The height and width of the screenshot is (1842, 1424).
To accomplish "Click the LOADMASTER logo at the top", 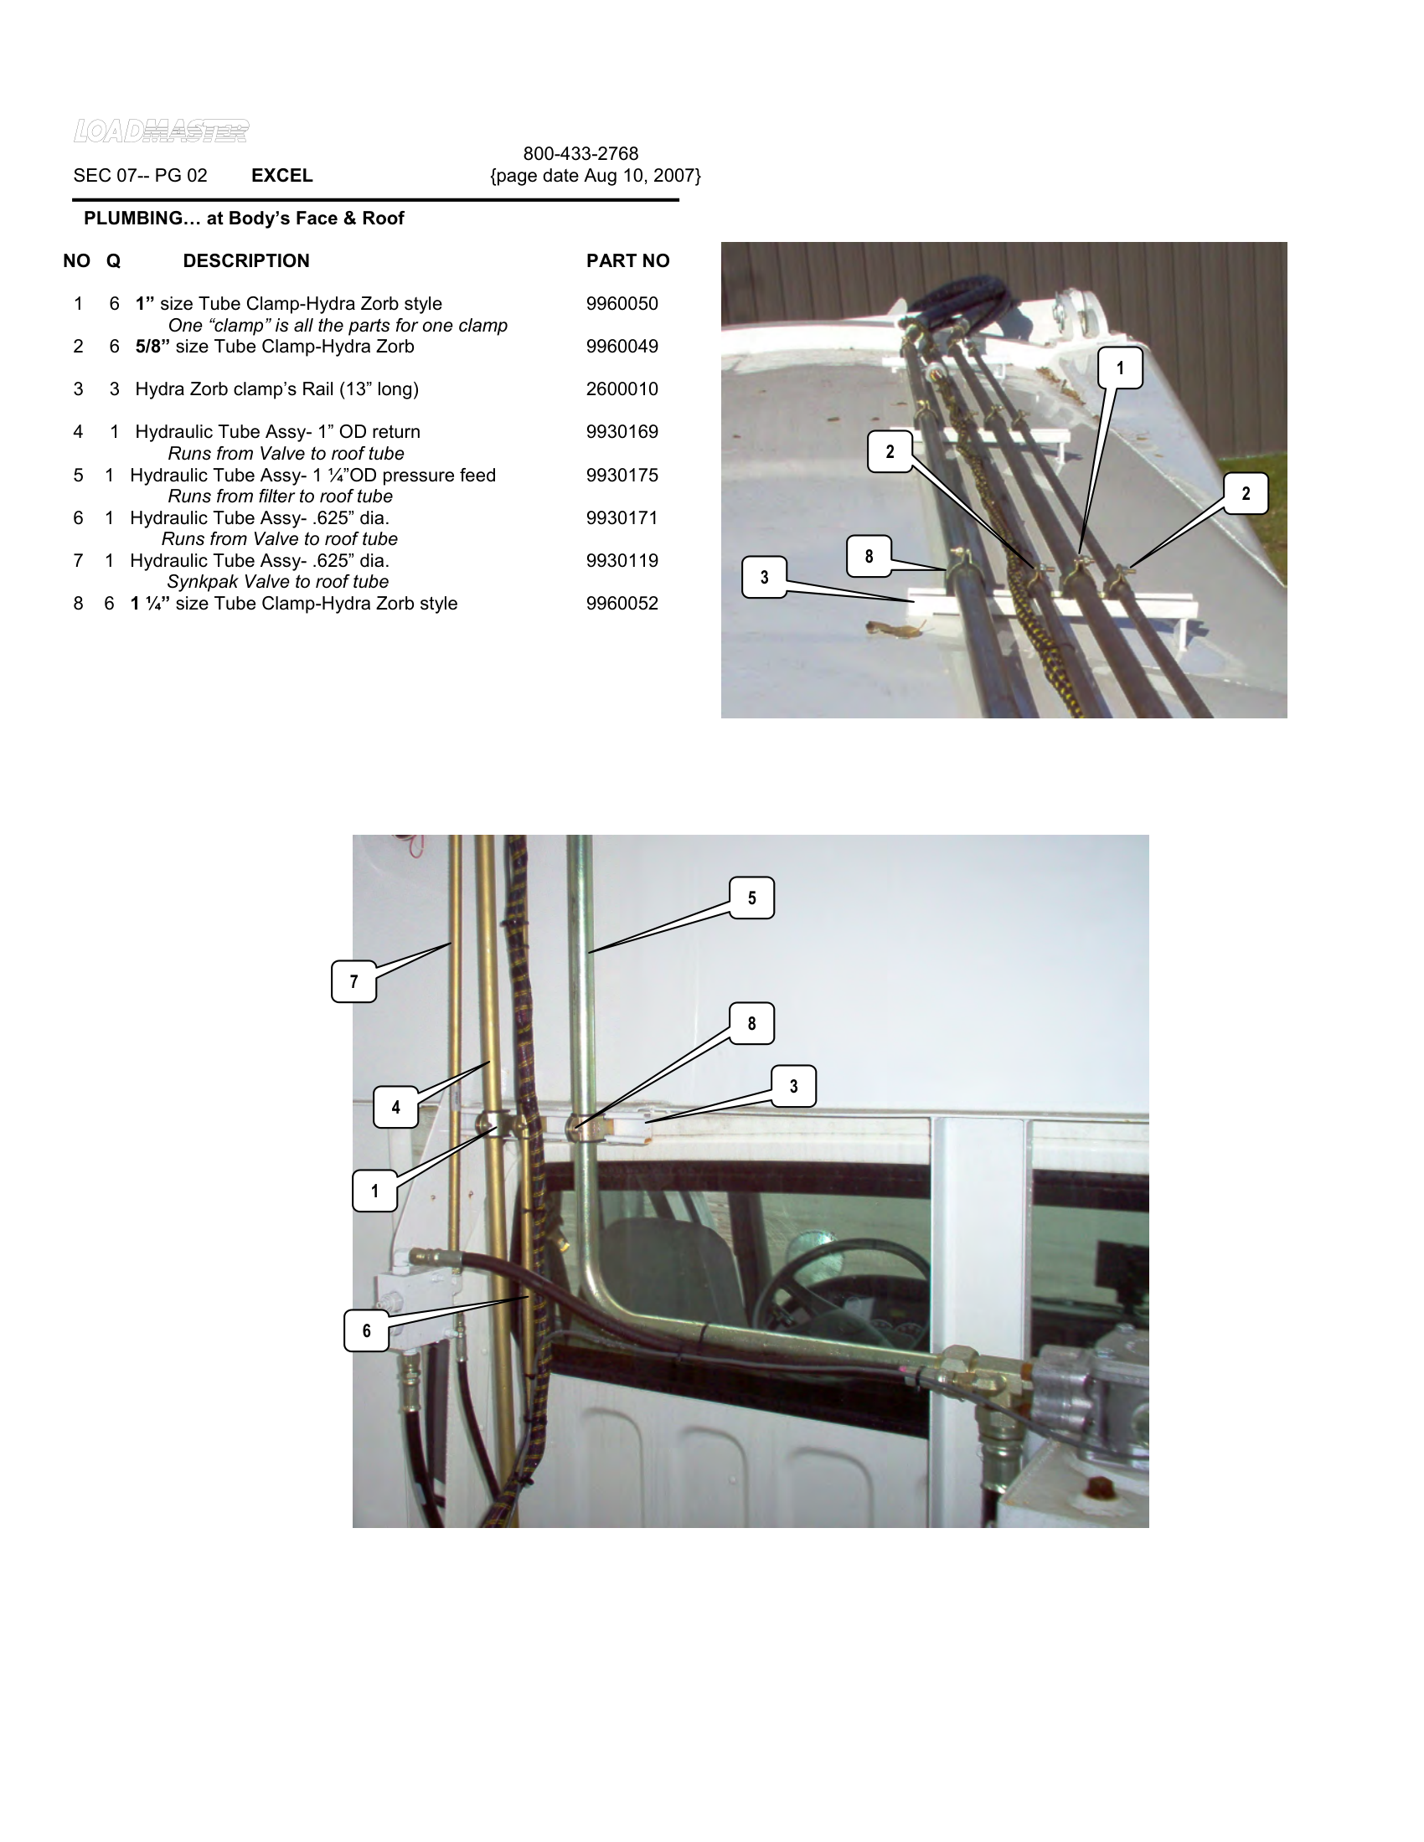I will coord(161,131).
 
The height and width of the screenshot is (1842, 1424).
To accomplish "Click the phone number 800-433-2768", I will coord(580,153).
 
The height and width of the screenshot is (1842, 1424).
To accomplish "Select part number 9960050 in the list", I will coord(622,304).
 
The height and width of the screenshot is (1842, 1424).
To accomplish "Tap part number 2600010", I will coord(622,388).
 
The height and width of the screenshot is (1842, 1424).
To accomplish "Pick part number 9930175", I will coord(622,475).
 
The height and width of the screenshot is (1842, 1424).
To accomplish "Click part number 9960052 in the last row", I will coord(622,603).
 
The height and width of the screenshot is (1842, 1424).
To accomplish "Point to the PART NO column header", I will coord(627,260).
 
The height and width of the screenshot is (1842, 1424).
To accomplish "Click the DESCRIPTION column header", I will coord(246,260).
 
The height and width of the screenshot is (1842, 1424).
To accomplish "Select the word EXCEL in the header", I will coord(281,176).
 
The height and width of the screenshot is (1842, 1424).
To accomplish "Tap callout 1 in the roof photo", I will coord(1119,368).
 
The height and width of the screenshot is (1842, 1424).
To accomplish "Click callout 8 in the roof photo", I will coord(869,557).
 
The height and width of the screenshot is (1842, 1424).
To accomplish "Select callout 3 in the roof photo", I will coord(764,578).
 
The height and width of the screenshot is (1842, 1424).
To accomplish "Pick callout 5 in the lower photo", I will coord(751,898).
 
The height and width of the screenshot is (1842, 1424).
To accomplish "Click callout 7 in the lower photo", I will coord(353,982).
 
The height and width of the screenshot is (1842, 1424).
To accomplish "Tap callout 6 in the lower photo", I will coord(366,1331).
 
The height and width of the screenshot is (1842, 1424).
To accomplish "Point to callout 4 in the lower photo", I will coord(395,1108).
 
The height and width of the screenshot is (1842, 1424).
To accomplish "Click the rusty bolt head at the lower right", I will coord(1097,1485).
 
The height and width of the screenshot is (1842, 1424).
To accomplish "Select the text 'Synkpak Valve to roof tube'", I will coord(277,582).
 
